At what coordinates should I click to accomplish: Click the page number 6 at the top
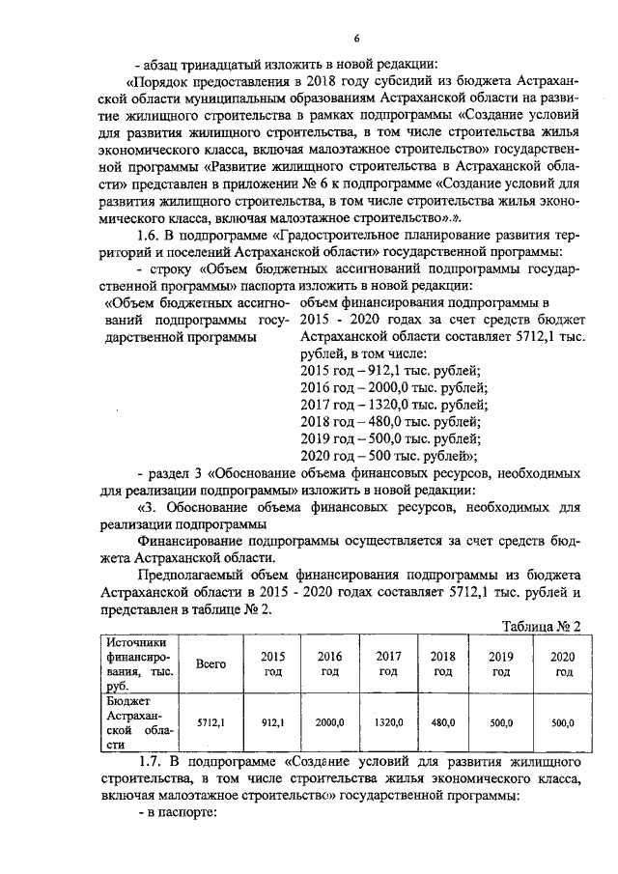[356, 38]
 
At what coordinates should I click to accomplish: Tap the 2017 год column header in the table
[388, 663]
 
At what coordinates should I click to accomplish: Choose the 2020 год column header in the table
[561, 663]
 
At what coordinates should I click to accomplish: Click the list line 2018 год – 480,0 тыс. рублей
[390, 421]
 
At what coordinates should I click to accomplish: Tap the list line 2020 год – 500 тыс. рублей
[390, 455]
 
